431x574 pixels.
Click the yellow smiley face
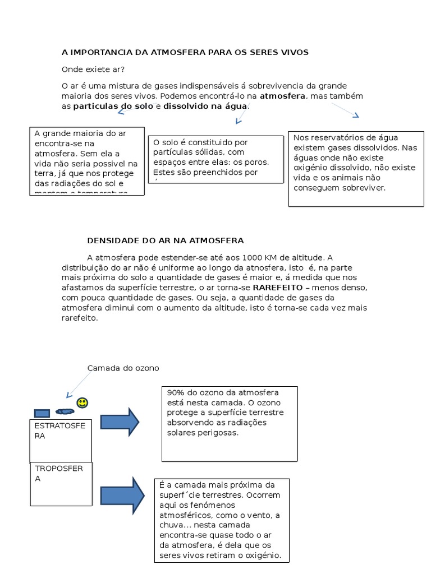(82, 402)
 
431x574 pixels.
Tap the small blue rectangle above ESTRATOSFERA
(42, 413)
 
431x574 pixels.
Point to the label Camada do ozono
(123, 368)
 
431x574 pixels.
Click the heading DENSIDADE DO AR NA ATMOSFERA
(166, 240)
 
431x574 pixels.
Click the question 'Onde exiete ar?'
(93, 70)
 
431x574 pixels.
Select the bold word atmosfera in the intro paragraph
(282, 96)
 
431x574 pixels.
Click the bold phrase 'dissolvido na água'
(205, 106)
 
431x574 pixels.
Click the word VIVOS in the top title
(295, 52)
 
